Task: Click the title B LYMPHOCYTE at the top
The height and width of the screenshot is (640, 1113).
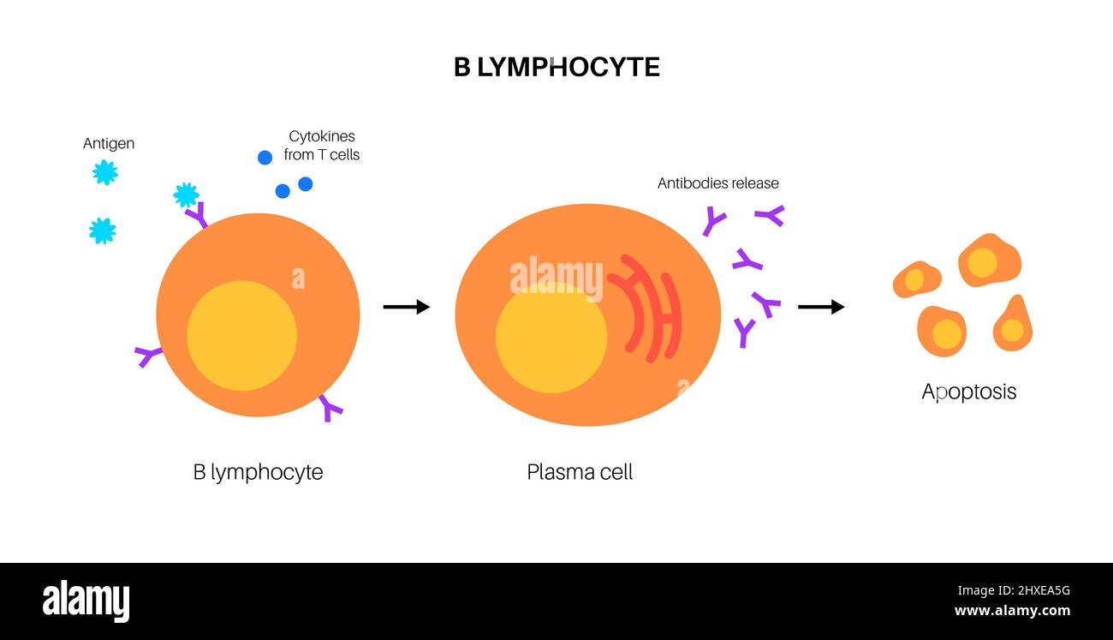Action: pyautogui.click(x=556, y=68)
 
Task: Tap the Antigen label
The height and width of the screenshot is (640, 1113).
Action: pyautogui.click(x=109, y=143)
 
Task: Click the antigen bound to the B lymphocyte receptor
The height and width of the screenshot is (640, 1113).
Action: pyautogui.click(x=186, y=195)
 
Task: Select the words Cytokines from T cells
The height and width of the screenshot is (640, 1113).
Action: pyautogui.click(x=322, y=146)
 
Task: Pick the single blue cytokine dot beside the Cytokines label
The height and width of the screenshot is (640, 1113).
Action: pyautogui.click(x=265, y=158)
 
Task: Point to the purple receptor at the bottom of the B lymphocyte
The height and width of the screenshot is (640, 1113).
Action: pyautogui.click(x=330, y=408)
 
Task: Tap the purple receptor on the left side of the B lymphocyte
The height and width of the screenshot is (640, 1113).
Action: pyautogui.click(x=148, y=355)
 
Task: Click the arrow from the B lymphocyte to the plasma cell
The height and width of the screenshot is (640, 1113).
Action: pyautogui.click(x=406, y=307)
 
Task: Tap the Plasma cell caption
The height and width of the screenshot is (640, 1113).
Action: pyautogui.click(x=580, y=472)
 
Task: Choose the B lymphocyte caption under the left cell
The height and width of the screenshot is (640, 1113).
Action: pyautogui.click(x=258, y=472)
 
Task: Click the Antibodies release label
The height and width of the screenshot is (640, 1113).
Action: pyautogui.click(x=717, y=183)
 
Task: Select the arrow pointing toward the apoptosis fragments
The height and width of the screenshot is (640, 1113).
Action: pyautogui.click(x=820, y=307)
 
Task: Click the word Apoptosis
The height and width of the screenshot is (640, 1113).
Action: pyautogui.click(x=968, y=392)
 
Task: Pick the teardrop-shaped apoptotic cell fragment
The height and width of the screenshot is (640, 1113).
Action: pyautogui.click(x=1013, y=326)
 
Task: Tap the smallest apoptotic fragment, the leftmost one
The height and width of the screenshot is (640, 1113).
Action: pyautogui.click(x=916, y=280)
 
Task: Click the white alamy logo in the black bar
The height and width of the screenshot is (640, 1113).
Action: pyautogui.click(x=86, y=601)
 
